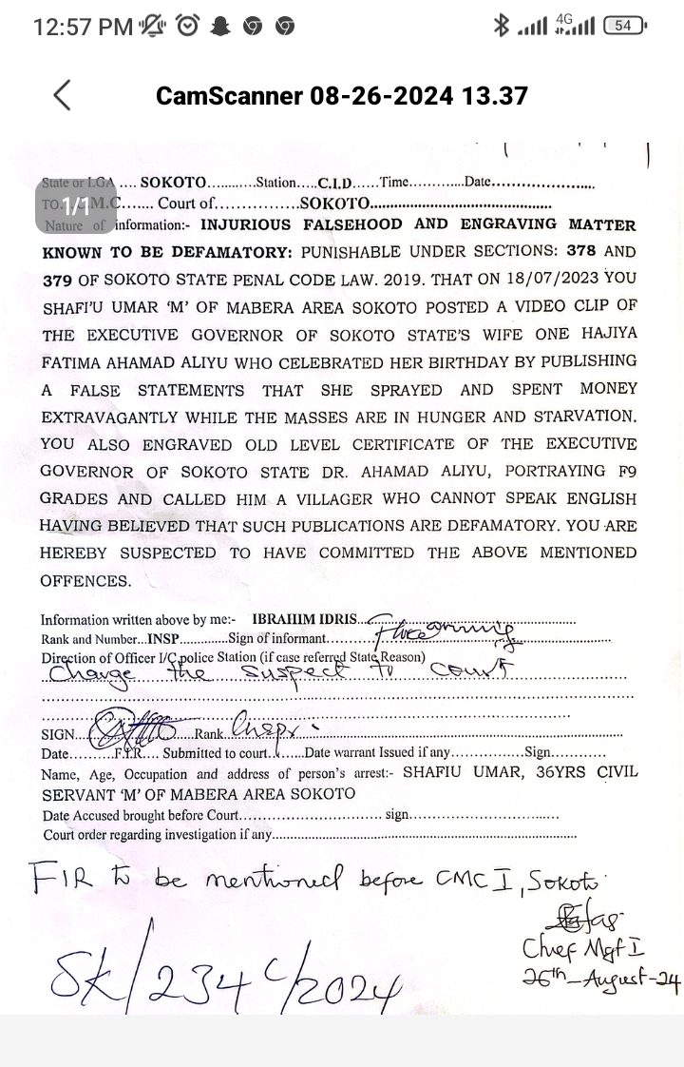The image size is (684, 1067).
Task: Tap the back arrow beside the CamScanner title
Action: (x=63, y=95)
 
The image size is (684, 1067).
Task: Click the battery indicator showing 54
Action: (x=622, y=27)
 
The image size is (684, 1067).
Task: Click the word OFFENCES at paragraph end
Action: (x=85, y=580)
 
